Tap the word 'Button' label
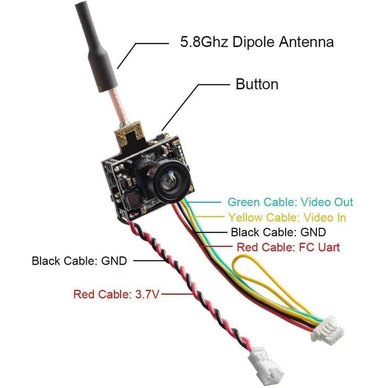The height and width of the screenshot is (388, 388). [x=257, y=85]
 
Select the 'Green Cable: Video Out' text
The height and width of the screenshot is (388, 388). [x=290, y=202]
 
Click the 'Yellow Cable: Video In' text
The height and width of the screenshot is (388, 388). [x=287, y=218]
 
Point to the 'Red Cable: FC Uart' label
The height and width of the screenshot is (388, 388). [x=288, y=248]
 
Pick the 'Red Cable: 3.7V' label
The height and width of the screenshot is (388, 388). [x=116, y=294]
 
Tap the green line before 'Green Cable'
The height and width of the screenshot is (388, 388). [x=207, y=203]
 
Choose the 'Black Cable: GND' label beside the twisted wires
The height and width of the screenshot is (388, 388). [x=79, y=261]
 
